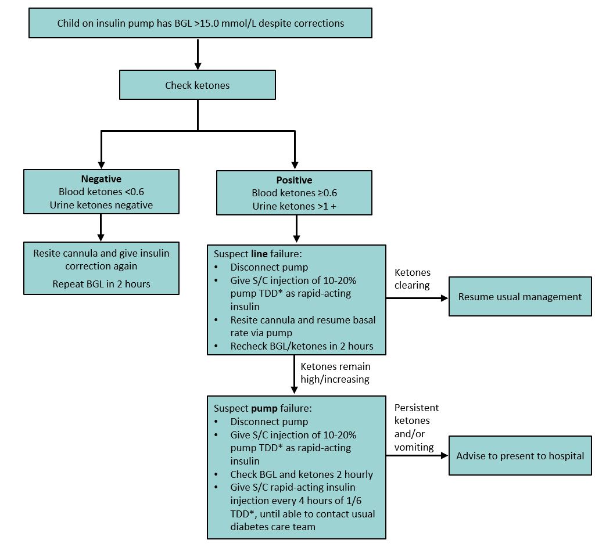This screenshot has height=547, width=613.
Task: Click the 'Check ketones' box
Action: point(197,85)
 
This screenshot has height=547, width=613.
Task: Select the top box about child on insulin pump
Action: point(200,23)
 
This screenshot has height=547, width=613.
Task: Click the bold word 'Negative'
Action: point(101,179)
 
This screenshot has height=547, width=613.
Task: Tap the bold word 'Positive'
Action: point(294,180)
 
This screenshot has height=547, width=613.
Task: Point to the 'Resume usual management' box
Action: point(519,297)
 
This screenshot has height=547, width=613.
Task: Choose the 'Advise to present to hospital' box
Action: point(519,456)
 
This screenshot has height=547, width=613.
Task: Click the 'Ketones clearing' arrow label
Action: point(413,279)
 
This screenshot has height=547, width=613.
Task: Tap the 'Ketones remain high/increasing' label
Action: point(335,373)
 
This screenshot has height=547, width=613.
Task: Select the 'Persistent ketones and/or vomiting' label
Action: point(416,427)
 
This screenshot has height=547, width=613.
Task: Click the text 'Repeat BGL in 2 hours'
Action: point(101,284)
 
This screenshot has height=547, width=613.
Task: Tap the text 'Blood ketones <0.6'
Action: point(101,192)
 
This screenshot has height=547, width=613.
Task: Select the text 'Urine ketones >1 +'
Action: point(294,206)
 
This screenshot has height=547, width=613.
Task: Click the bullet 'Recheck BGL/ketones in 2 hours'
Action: point(302,346)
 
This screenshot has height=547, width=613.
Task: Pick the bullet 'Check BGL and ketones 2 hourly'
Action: point(302,474)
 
